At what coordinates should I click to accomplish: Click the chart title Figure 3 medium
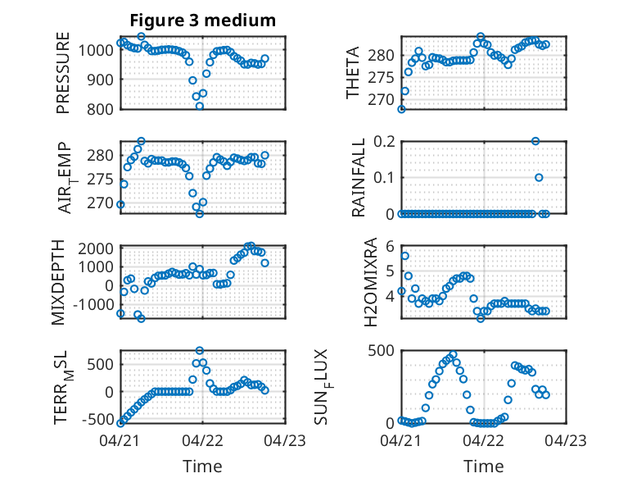(203, 20)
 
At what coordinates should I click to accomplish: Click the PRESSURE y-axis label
(63, 73)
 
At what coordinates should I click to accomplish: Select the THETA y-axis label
(353, 73)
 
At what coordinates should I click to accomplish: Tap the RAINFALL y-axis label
(358, 178)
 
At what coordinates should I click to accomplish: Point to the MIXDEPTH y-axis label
(58, 282)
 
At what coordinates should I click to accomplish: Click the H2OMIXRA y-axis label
(371, 282)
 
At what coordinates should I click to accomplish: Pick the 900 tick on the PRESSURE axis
(102, 80)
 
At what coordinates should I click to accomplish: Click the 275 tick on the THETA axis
(382, 78)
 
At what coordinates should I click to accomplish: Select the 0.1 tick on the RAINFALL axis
(384, 178)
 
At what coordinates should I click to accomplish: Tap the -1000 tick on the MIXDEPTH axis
(93, 304)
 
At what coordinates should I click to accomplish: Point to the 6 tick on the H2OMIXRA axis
(391, 246)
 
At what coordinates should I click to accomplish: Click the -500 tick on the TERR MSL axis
(98, 419)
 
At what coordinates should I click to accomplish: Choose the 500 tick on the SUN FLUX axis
(381, 351)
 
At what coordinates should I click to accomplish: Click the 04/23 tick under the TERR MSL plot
(285, 440)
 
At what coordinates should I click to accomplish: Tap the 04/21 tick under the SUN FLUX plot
(401, 440)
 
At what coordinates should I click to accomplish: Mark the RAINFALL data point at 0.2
(535, 141)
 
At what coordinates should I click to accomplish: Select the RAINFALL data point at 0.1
(539, 177)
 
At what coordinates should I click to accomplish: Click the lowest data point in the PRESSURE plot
(200, 107)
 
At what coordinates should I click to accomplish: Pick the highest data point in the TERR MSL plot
(200, 350)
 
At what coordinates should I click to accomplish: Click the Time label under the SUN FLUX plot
(483, 467)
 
